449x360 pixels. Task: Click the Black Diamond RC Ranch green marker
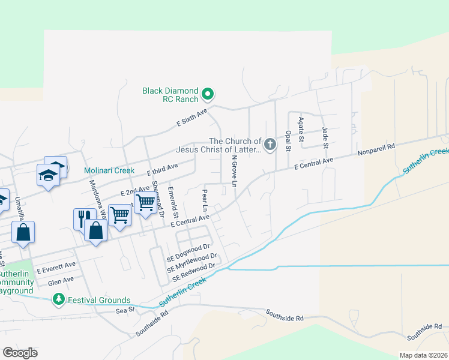(208, 94)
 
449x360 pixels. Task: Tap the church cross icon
(270, 144)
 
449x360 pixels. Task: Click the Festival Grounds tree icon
(58, 298)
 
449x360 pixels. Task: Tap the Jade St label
(325, 137)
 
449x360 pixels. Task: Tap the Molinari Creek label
(109, 170)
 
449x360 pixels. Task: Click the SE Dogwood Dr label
(188, 251)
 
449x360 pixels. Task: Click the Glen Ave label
(61, 279)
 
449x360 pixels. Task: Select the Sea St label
(122, 311)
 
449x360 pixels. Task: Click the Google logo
(20, 353)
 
